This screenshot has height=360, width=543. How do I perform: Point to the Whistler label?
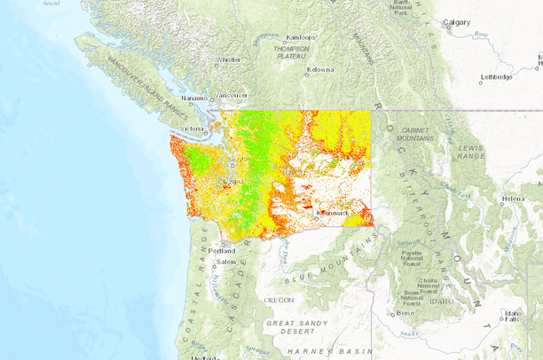(x=228, y=60)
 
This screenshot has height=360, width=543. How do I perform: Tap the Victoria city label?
(x=193, y=129)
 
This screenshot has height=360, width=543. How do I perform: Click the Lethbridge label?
(x=496, y=77)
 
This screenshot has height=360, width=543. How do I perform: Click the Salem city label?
(x=225, y=262)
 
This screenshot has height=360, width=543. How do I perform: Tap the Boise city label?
(x=405, y=313)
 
